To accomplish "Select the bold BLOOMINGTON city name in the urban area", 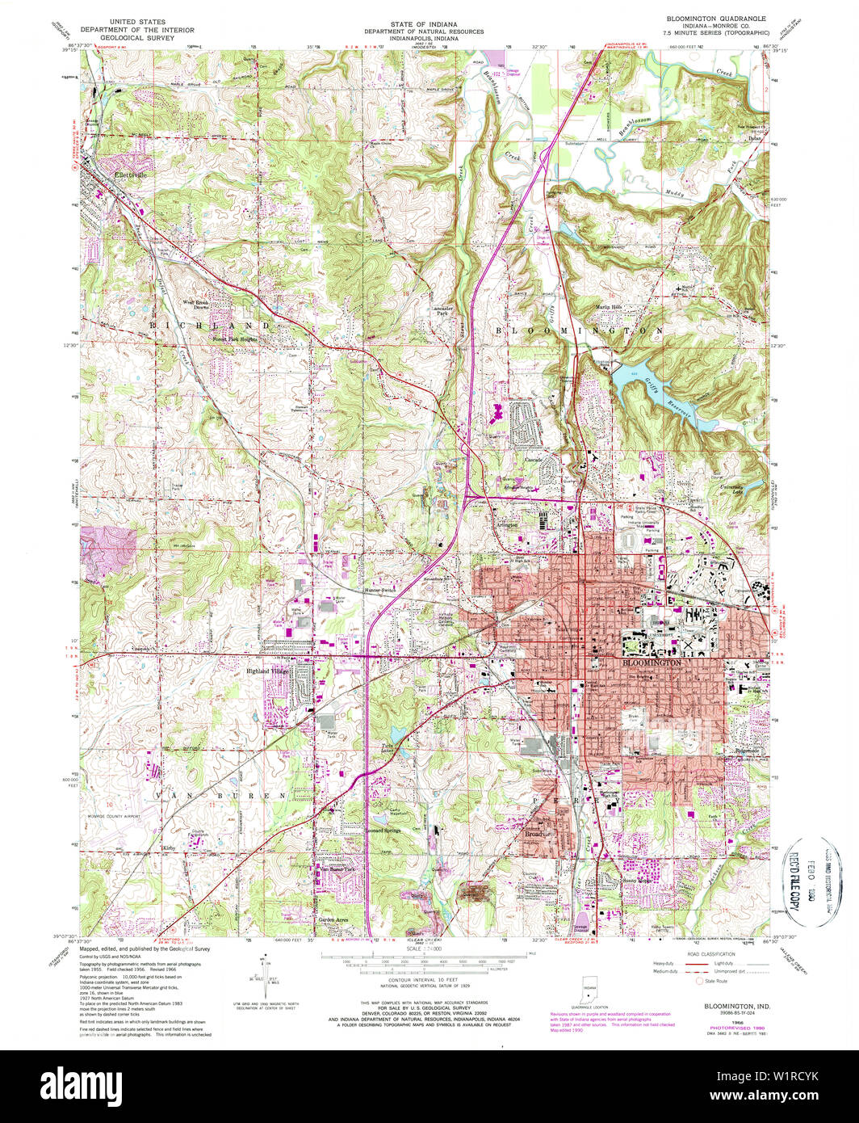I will point(652,662).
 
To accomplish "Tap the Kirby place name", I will point(168,848).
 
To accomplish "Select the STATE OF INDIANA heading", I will point(423,23).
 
